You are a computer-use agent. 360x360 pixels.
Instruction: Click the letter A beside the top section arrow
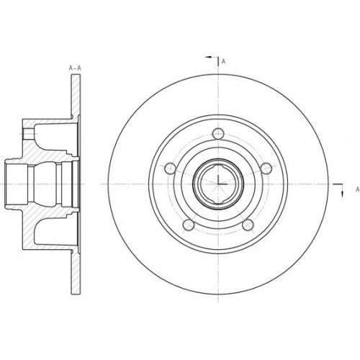(x=224, y=62)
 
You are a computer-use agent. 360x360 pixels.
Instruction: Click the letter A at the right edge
(x=356, y=189)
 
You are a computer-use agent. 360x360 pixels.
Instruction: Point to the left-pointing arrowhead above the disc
(x=210, y=55)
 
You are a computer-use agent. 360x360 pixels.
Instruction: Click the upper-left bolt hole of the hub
(x=170, y=168)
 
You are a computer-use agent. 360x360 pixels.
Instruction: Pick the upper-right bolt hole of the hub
(x=266, y=168)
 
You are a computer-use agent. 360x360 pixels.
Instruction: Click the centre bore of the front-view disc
(x=217, y=183)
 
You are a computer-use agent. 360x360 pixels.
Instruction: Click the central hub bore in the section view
(x=40, y=183)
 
